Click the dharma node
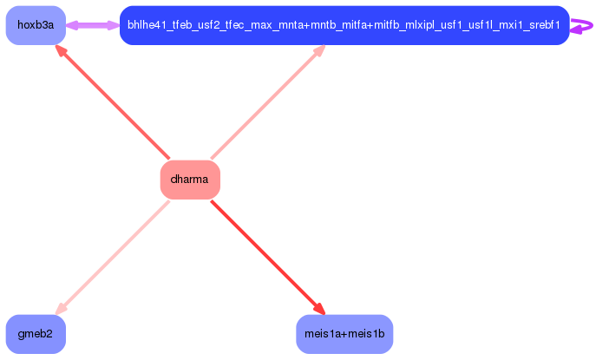(x=190, y=180)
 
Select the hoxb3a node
(x=36, y=25)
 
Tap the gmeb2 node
(x=36, y=334)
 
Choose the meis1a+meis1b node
(x=344, y=334)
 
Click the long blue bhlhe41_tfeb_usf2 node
(x=344, y=25)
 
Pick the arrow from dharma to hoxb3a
(x=113, y=103)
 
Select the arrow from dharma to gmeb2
(x=113, y=257)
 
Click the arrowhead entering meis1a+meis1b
(x=319, y=310)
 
